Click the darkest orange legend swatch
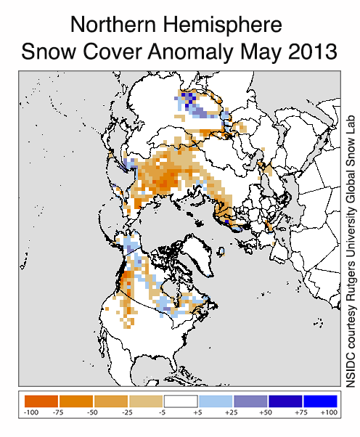pos(41,401)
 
